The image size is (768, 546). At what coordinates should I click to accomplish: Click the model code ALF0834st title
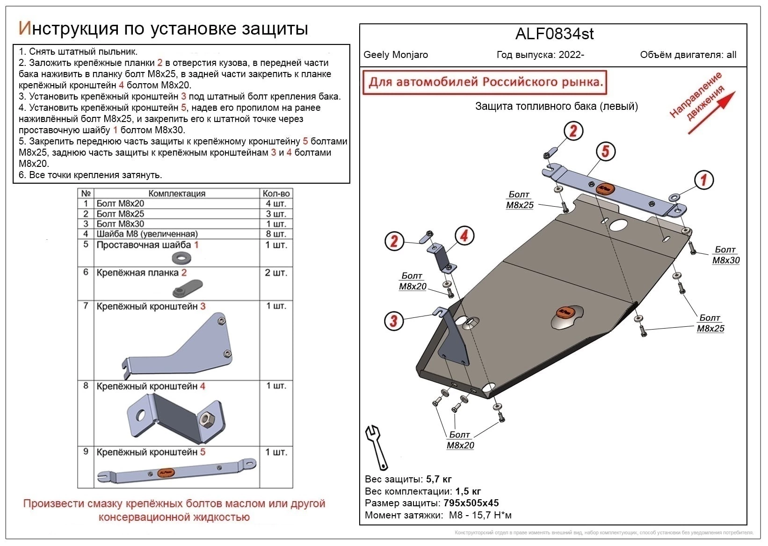(x=554, y=34)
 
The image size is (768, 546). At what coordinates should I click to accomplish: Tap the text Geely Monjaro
(x=396, y=55)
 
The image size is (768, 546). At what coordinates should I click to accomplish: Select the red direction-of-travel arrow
(x=712, y=112)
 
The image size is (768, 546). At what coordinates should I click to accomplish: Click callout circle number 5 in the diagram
(x=605, y=151)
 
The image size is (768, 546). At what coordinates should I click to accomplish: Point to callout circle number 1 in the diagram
(x=703, y=180)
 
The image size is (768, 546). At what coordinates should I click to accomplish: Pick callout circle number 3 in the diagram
(x=394, y=321)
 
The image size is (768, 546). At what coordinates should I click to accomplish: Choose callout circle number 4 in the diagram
(x=464, y=236)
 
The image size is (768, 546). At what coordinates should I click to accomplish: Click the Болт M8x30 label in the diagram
(x=725, y=255)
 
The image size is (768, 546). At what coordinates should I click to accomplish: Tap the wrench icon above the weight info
(x=377, y=447)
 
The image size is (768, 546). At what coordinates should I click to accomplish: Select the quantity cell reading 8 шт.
(x=276, y=234)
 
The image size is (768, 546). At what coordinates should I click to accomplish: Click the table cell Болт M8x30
(x=120, y=224)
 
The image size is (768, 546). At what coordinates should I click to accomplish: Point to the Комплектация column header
(x=177, y=194)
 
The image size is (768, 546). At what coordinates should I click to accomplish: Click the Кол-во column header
(x=276, y=194)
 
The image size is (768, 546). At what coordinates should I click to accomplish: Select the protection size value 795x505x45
(x=471, y=503)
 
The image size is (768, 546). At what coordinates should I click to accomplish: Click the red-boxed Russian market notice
(x=485, y=82)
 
